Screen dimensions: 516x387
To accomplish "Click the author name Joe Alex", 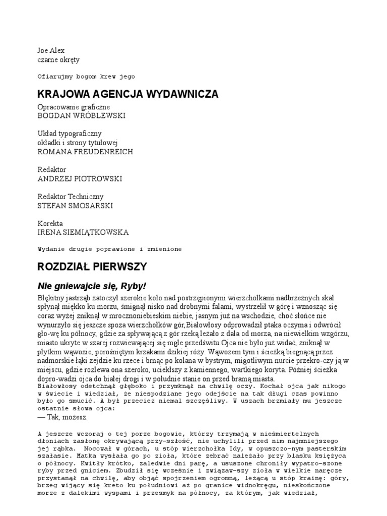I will [x=51, y=51].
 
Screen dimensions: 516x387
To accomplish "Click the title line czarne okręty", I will [x=58, y=59].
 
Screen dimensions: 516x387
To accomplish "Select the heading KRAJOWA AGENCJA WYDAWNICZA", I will [x=128, y=94].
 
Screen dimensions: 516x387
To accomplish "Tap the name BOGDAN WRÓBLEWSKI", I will [x=82, y=115].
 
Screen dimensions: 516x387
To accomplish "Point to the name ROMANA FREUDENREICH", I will [x=86, y=151].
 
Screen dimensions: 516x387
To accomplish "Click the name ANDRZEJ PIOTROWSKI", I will [x=80, y=178].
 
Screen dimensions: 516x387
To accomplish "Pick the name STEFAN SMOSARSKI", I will [x=76, y=206].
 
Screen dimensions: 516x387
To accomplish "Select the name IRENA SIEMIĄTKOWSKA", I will [x=83, y=232].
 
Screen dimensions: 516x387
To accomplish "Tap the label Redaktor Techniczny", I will [x=71, y=197].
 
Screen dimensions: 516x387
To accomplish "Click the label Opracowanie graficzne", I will [x=74, y=107].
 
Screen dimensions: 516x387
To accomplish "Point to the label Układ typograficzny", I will [x=70, y=134].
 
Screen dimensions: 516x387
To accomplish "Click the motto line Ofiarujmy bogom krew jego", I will [x=87, y=77].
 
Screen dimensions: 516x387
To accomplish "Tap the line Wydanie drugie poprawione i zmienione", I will [x=109, y=249].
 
